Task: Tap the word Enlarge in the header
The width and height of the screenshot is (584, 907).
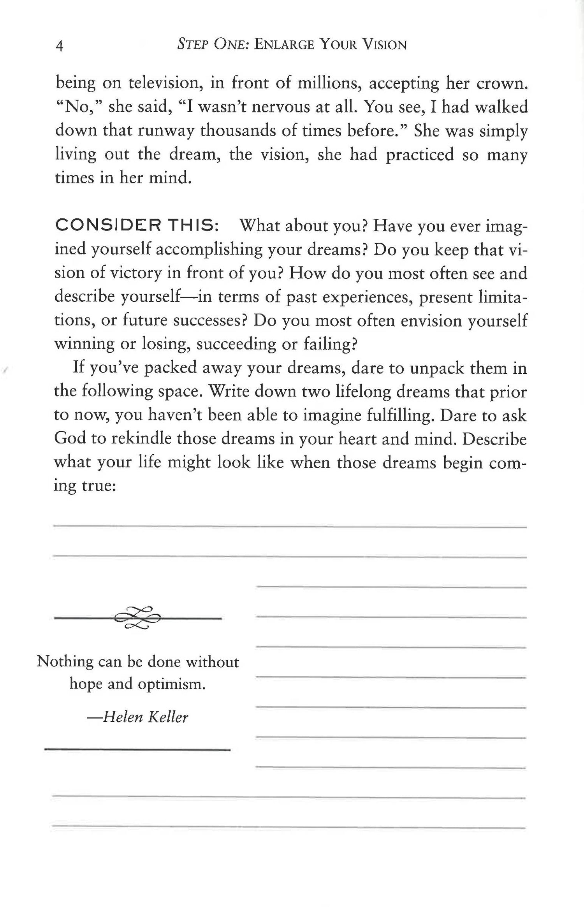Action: click(284, 45)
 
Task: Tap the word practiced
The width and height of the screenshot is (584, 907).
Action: click(420, 155)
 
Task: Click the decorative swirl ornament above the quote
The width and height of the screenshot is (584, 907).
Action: click(137, 617)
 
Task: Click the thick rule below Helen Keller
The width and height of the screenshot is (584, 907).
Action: click(137, 749)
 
